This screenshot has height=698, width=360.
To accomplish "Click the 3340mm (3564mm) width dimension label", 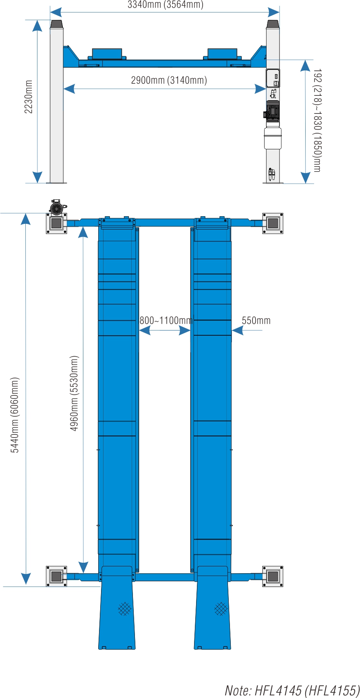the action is [x=166, y=4].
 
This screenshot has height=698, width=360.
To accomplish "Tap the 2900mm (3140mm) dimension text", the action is [x=169, y=80].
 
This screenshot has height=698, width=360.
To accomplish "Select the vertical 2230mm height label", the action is [x=29, y=97].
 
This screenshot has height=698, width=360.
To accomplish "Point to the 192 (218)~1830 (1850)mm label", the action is [x=317, y=120].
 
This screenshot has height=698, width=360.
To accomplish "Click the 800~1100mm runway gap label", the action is [x=166, y=320].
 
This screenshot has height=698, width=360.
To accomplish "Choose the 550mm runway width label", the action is [x=256, y=320].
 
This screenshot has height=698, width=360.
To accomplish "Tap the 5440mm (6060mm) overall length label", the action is [x=15, y=415].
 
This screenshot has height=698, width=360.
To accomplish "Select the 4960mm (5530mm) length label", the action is [x=74, y=393].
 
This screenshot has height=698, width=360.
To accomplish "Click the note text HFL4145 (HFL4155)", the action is [x=292, y=690].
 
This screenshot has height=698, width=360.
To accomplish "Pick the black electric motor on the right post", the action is [x=272, y=110].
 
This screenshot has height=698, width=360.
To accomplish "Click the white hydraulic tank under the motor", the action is [x=273, y=138].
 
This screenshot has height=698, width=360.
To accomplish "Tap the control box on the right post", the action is [x=273, y=78].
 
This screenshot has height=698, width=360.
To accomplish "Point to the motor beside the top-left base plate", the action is [x=56, y=207].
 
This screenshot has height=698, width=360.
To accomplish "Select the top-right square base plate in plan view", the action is [x=273, y=223].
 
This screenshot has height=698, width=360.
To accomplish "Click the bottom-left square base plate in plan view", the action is [x=56, y=576].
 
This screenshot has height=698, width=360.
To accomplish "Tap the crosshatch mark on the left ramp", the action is [x=125, y=609].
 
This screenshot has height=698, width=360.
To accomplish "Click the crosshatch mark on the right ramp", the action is [x=221, y=609].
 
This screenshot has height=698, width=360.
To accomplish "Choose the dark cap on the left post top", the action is [x=56, y=24].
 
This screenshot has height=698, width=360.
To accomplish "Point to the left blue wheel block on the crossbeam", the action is [x=107, y=54].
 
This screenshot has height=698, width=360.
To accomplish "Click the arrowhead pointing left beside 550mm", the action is [x=238, y=330].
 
